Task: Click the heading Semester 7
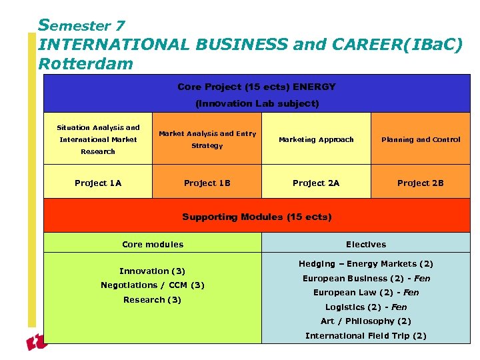click(x=82, y=25)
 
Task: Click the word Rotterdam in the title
click(x=86, y=64)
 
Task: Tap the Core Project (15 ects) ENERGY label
click(x=257, y=87)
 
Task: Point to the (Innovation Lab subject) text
click(x=257, y=103)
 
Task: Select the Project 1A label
click(x=98, y=183)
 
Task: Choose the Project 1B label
click(x=207, y=183)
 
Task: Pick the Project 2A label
click(x=316, y=183)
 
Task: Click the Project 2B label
click(x=420, y=183)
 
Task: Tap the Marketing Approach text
click(x=316, y=139)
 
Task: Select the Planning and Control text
click(x=420, y=139)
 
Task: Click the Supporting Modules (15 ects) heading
click(x=257, y=217)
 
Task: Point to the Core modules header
click(x=153, y=244)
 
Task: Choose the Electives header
click(x=365, y=244)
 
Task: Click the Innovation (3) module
click(x=153, y=271)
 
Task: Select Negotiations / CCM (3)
click(x=153, y=285)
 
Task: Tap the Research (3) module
click(x=153, y=299)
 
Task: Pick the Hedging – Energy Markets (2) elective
click(x=365, y=264)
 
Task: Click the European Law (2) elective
click(x=365, y=293)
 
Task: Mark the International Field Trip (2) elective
click(x=365, y=335)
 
